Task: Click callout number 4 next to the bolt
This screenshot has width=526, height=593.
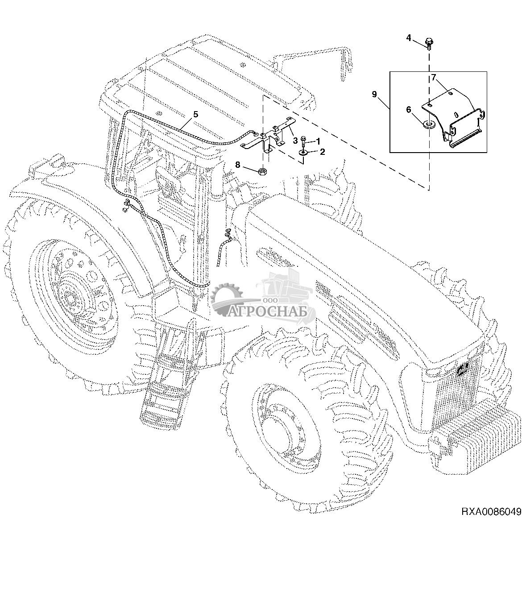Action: (409, 37)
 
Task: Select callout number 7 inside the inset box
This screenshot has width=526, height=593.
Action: (433, 78)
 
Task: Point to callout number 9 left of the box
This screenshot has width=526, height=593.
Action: (374, 94)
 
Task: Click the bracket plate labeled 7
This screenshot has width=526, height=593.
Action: (455, 112)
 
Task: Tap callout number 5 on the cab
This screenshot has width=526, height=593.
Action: (195, 114)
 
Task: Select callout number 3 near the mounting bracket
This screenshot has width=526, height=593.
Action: (295, 140)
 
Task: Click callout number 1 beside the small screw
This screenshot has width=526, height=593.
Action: (318, 141)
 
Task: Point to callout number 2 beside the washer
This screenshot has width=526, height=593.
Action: (322, 151)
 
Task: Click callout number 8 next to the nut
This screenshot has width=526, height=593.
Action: (238, 165)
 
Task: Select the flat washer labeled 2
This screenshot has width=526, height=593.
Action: (303, 153)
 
